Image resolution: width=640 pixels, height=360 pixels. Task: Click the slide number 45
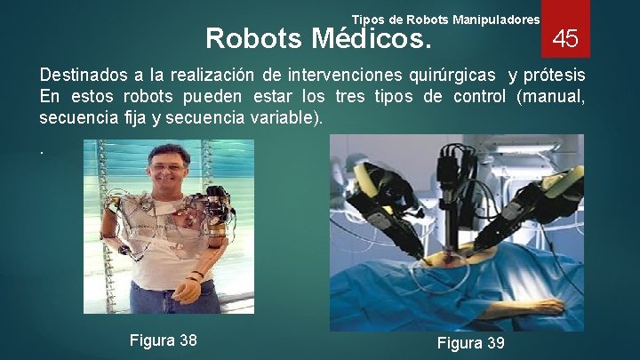[565, 38]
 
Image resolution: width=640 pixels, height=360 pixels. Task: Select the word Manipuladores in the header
[496, 19]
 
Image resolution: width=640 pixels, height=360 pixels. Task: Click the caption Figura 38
[163, 340]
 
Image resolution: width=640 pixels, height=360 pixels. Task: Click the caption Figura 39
[470, 343]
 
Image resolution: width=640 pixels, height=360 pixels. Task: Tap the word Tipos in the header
[369, 19]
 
